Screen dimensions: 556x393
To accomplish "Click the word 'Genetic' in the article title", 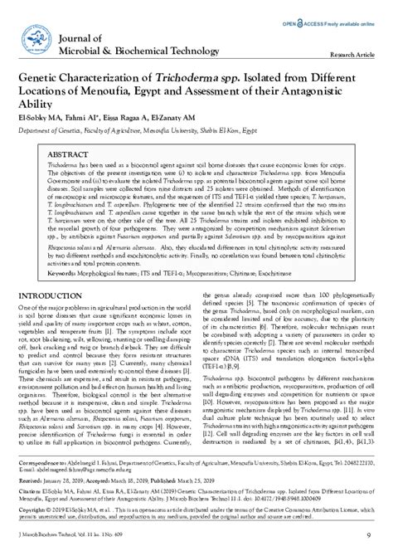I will [x=41, y=76].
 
